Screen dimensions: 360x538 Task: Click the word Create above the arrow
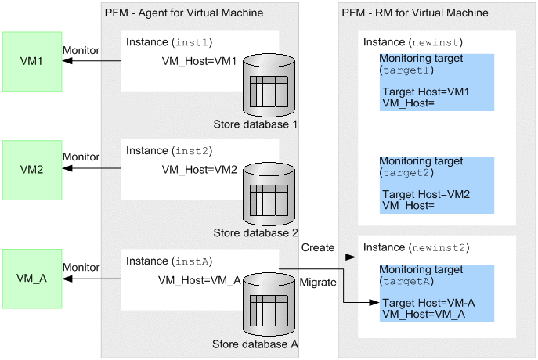(x=318, y=247)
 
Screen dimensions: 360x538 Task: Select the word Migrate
(x=319, y=282)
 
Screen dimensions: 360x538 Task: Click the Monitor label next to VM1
(x=81, y=50)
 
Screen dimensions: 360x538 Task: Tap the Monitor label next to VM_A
(x=81, y=266)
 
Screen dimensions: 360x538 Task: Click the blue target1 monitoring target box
(x=436, y=82)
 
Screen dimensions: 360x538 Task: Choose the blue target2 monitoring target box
(x=436, y=185)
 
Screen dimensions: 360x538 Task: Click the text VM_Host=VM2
(x=199, y=170)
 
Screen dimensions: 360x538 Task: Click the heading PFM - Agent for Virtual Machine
(x=183, y=13)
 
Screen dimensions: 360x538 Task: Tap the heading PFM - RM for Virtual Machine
(x=415, y=13)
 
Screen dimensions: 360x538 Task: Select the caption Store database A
(x=255, y=342)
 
